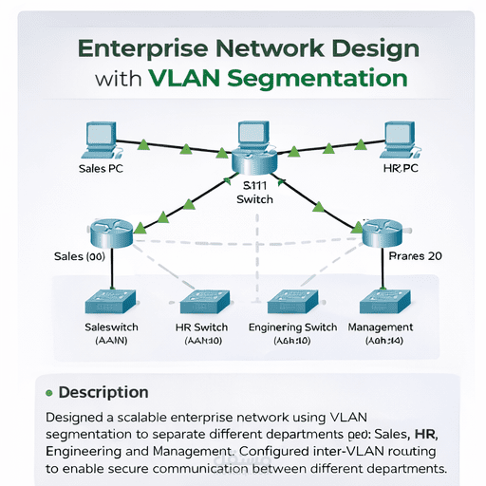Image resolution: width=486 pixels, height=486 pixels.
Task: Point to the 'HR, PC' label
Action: (400, 168)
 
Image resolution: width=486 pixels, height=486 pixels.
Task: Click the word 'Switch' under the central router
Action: (254, 199)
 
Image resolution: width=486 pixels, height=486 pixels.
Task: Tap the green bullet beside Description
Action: (48, 391)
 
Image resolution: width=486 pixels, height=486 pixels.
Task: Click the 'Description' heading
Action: (103, 391)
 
